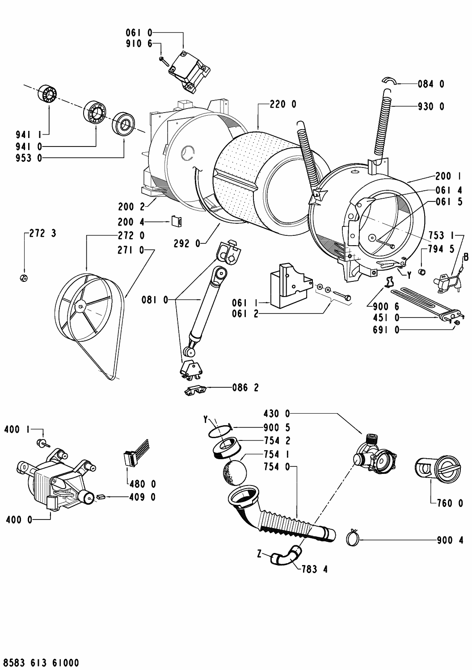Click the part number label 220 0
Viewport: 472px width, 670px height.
[283, 105]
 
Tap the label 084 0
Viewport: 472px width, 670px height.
[431, 84]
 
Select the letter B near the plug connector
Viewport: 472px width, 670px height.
[466, 257]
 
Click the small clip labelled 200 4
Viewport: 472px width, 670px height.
[177, 222]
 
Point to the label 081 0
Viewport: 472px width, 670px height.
[155, 300]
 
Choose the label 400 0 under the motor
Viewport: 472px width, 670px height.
[19, 520]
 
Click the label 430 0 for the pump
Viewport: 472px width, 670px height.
[277, 414]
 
